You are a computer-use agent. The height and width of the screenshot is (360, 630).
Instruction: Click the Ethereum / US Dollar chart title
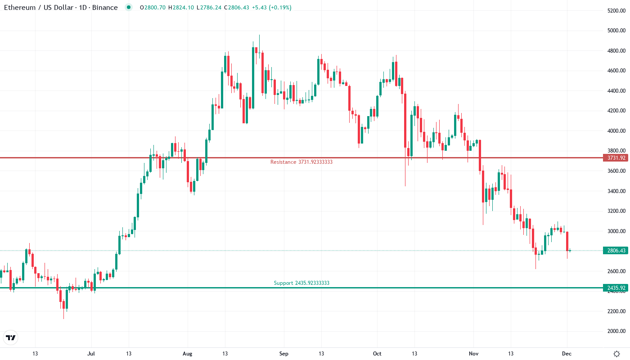tap(61, 8)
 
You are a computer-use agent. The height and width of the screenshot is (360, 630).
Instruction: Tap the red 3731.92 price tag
tap(615, 158)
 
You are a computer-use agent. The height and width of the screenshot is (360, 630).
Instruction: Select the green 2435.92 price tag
tap(615, 288)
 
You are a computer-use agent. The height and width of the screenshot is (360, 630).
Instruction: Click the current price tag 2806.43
tap(615, 251)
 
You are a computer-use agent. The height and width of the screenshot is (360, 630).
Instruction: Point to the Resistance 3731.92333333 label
tap(301, 162)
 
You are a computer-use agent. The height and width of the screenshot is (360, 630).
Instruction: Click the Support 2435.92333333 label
tap(301, 283)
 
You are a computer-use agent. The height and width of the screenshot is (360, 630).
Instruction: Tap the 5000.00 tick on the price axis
tap(616, 31)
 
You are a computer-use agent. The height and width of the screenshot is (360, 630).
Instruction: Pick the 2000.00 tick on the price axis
tap(616, 331)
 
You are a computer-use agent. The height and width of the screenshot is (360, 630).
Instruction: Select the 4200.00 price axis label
tap(616, 111)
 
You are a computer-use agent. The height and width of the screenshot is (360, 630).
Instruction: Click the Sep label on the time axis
tap(283, 354)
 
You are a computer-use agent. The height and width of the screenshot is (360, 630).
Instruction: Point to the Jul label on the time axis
tap(91, 354)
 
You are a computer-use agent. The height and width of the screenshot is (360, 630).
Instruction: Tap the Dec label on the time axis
tap(567, 354)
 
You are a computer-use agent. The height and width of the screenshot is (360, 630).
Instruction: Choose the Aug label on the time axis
tap(188, 354)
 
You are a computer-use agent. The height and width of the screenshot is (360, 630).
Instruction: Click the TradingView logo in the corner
tap(11, 337)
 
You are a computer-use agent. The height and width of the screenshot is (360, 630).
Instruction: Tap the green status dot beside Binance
tap(129, 8)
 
